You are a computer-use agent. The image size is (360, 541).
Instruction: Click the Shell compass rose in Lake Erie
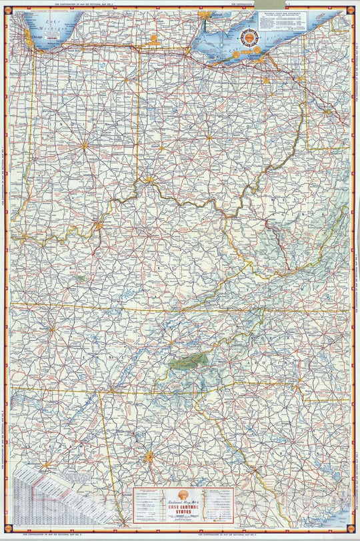[250, 40]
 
